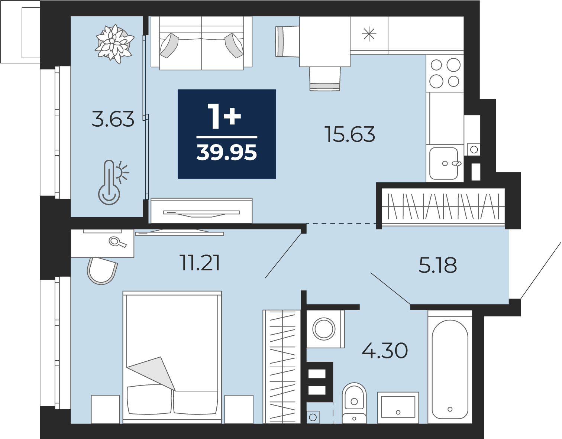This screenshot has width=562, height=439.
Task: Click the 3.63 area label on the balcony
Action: [113, 119]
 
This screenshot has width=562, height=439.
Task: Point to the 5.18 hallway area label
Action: [437, 265]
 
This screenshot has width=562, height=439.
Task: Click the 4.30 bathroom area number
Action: [385, 351]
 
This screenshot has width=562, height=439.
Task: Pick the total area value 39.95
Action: [227, 152]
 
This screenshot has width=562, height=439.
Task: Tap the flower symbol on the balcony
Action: [114, 44]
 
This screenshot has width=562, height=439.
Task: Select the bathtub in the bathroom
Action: [450, 367]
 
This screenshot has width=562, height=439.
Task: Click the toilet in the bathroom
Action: [354, 403]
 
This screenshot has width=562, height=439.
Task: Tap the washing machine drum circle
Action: [324, 329]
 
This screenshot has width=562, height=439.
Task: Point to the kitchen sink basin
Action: [443, 163]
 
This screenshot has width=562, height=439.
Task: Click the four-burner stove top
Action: [445, 73]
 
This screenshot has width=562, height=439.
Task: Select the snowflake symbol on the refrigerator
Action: [369, 34]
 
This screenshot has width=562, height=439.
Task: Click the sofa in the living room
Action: [201, 43]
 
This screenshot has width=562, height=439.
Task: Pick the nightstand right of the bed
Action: [239, 409]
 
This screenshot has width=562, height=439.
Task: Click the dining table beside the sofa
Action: [325, 42]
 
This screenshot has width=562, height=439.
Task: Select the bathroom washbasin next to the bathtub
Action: [398, 408]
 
